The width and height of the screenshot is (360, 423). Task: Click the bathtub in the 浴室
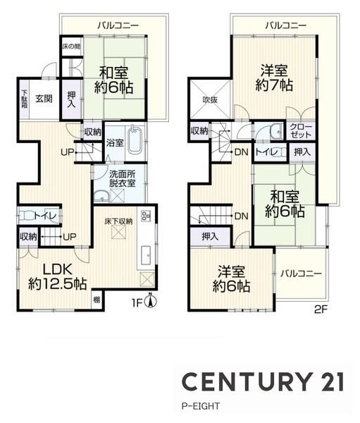[135, 140]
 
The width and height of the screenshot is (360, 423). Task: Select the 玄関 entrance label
[44, 99]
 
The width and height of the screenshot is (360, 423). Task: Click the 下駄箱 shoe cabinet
[24, 99]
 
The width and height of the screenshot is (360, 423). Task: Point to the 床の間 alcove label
[71, 46]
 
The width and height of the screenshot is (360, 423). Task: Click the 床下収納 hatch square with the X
[118, 232]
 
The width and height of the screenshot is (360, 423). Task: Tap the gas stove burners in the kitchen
[146, 216]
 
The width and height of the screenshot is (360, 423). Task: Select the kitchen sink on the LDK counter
[147, 256]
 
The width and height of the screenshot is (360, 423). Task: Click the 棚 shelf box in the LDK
[97, 300]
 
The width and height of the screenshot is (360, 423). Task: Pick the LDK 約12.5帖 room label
[58, 276]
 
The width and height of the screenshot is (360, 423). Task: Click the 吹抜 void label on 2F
[210, 100]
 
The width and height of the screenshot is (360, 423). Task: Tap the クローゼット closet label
[301, 130]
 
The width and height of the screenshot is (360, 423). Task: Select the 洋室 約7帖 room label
[274, 78]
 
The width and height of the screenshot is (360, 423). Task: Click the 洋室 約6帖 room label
[231, 279]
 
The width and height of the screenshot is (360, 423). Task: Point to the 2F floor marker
[321, 309]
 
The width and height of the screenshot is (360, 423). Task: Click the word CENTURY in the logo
[246, 381]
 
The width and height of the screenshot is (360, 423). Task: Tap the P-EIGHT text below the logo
[201, 406]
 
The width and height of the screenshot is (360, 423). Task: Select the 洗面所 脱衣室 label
[122, 178]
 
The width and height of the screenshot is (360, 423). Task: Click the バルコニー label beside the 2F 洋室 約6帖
[301, 274]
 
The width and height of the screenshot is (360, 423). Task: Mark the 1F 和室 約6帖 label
[113, 80]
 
